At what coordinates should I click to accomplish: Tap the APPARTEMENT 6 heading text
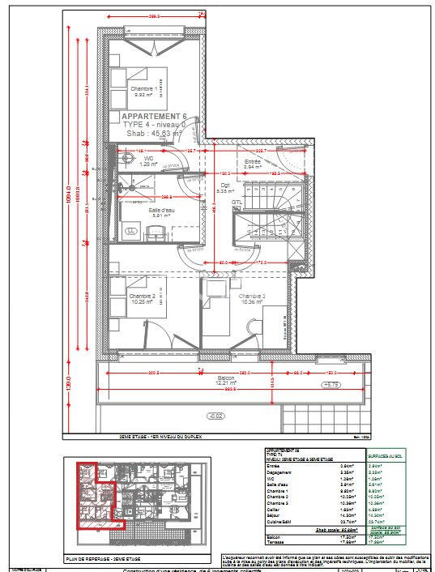[154, 117]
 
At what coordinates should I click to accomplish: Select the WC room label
[148, 159]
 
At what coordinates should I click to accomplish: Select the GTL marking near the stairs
[237, 202]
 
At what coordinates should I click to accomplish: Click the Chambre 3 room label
[249, 297]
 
